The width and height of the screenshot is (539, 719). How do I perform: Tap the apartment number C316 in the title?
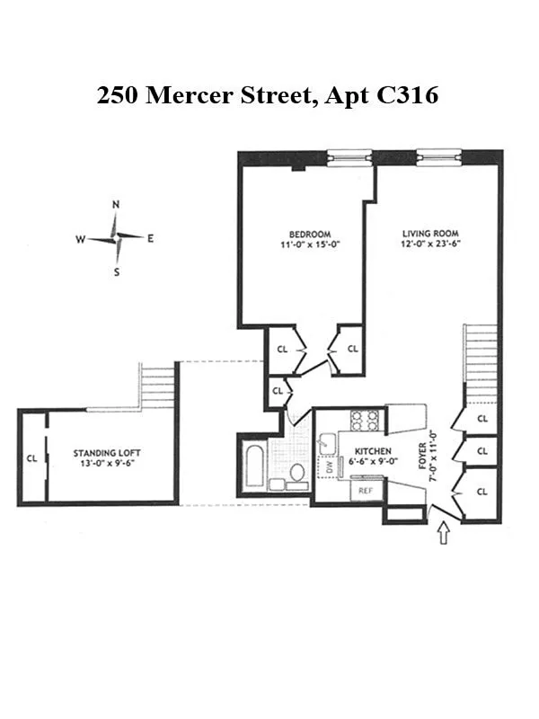pos(405,96)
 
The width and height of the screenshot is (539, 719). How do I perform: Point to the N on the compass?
pos(116,205)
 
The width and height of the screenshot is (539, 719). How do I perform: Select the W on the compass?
pos(81,239)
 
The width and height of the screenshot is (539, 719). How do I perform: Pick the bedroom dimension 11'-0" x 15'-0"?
pos(300,244)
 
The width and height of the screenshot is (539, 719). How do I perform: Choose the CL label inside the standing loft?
pos(31,458)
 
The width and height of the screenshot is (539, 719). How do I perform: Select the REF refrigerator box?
pos(366,491)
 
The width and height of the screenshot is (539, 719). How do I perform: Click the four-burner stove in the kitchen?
pos(366,421)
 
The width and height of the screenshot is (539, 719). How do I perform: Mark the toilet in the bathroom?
pos(297,472)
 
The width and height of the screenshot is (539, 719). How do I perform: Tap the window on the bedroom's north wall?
pos(349,157)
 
